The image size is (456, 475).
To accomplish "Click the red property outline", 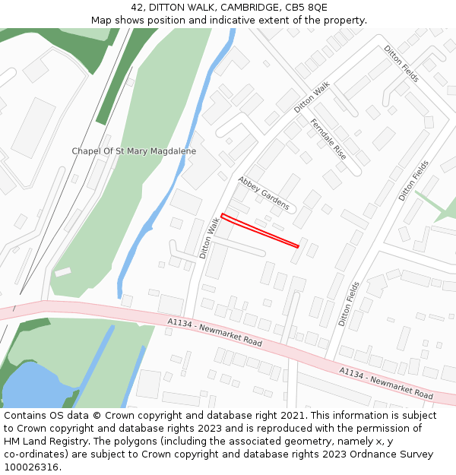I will click(259, 230).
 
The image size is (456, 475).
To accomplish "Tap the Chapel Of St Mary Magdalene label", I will click(134, 151).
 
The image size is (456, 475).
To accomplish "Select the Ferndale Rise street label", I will click(328, 138).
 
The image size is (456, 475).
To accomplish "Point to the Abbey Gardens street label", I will click(263, 193).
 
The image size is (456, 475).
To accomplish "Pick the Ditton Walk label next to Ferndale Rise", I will click(312, 98).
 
